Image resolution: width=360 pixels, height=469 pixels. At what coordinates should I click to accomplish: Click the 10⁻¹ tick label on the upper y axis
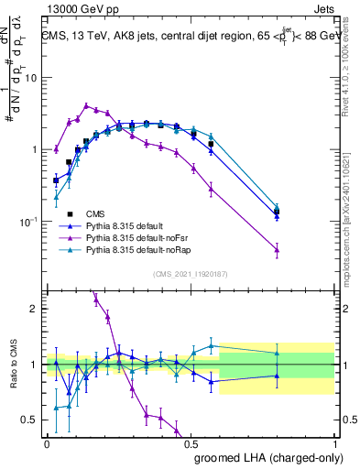(30, 222)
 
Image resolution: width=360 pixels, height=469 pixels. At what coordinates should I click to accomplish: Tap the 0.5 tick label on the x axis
(191, 442)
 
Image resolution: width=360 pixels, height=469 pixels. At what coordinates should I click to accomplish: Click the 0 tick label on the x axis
(47, 442)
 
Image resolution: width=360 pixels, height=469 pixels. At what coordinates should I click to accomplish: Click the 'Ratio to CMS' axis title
(13, 364)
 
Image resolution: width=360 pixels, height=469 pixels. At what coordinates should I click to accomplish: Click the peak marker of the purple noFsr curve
(87, 105)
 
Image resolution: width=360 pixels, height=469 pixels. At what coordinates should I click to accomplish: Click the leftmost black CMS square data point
(56, 180)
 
